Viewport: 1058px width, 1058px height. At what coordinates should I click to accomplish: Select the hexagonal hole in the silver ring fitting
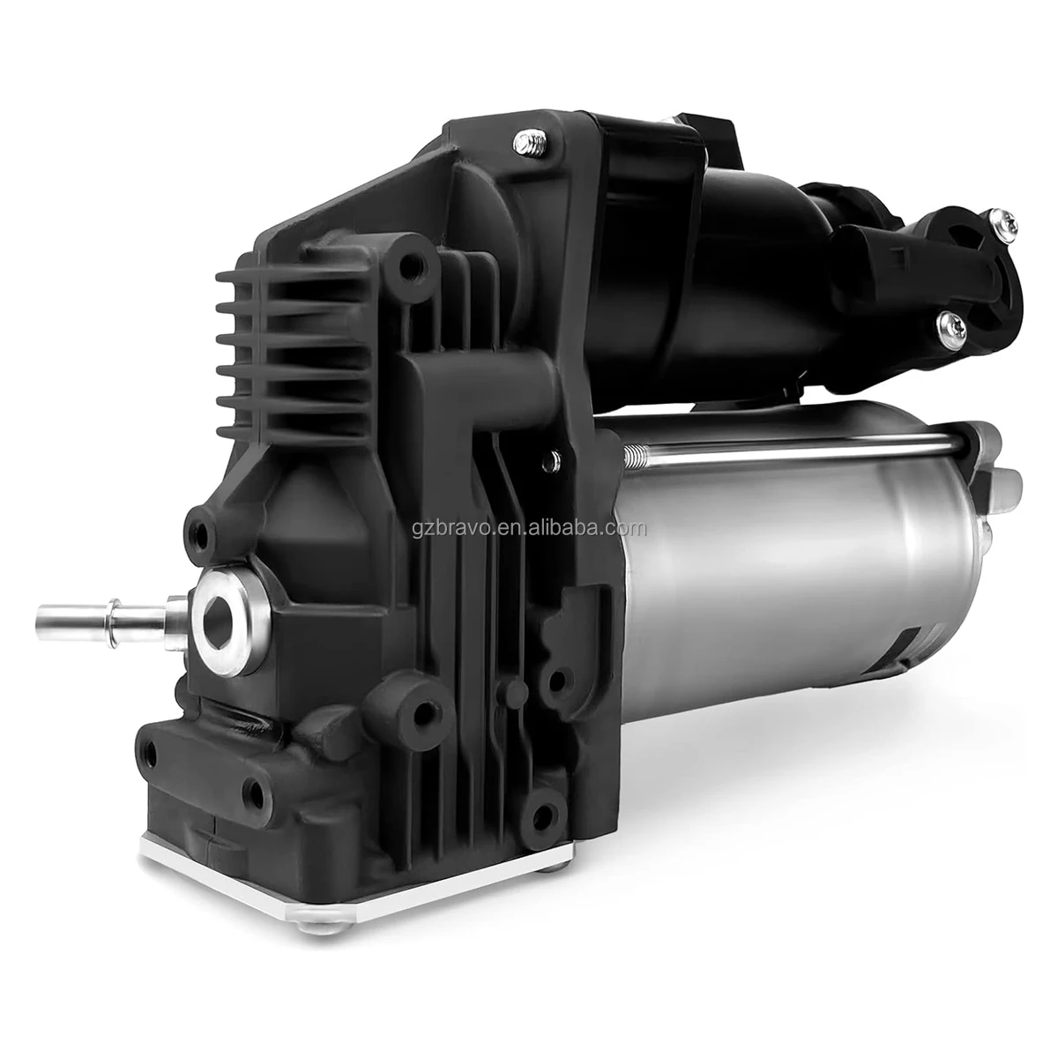(x=220, y=615)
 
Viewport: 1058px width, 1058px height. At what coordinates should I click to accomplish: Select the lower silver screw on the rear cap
(x=950, y=325)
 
